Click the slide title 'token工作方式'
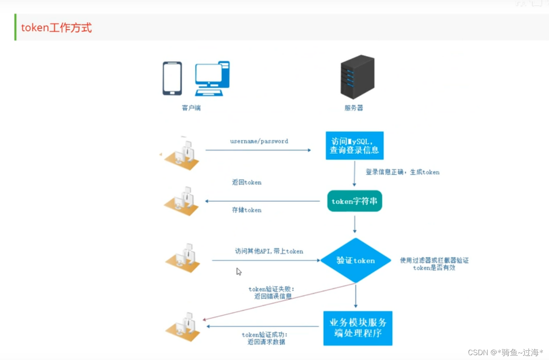(56, 28)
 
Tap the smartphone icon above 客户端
(172, 78)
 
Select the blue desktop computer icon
(212, 78)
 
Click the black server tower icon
(357, 77)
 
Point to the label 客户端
(191, 108)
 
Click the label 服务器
(354, 108)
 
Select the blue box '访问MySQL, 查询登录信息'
(355, 145)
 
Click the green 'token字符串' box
(355, 201)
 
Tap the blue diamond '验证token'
(356, 260)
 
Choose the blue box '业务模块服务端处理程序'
(358, 328)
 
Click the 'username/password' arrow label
(259, 141)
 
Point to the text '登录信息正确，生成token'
(403, 172)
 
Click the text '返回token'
(246, 182)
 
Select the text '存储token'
(246, 210)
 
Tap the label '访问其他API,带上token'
(269, 251)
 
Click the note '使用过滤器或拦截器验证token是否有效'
(434, 264)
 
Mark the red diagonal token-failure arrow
(278, 302)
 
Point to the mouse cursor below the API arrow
(238, 272)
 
